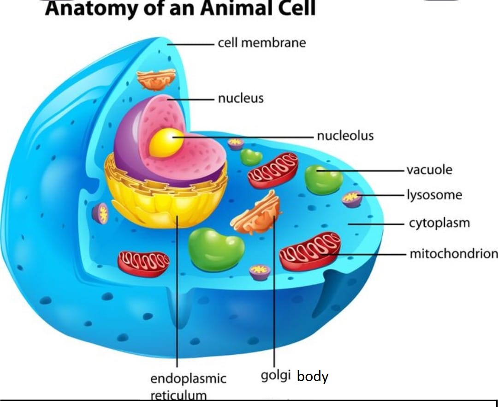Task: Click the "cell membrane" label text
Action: tap(262, 42)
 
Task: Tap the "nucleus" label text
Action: tap(241, 98)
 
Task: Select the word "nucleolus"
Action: tap(345, 136)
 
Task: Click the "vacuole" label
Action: tap(429, 170)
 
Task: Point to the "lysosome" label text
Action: tap(434, 195)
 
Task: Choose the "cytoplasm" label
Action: tap(439, 223)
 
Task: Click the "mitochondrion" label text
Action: tap(454, 254)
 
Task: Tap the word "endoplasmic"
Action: tap(188, 379)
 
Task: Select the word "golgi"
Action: tap(276, 376)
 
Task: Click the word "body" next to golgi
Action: tap(313, 377)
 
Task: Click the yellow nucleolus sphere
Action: tap(166, 143)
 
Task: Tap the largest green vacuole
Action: tap(216, 249)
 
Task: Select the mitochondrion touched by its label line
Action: tap(310, 251)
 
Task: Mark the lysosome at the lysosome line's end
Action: tap(352, 199)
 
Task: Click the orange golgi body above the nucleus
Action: tap(156, 79)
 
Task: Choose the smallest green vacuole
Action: tap(251, 157)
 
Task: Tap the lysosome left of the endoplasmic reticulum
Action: tap(101, 214)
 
